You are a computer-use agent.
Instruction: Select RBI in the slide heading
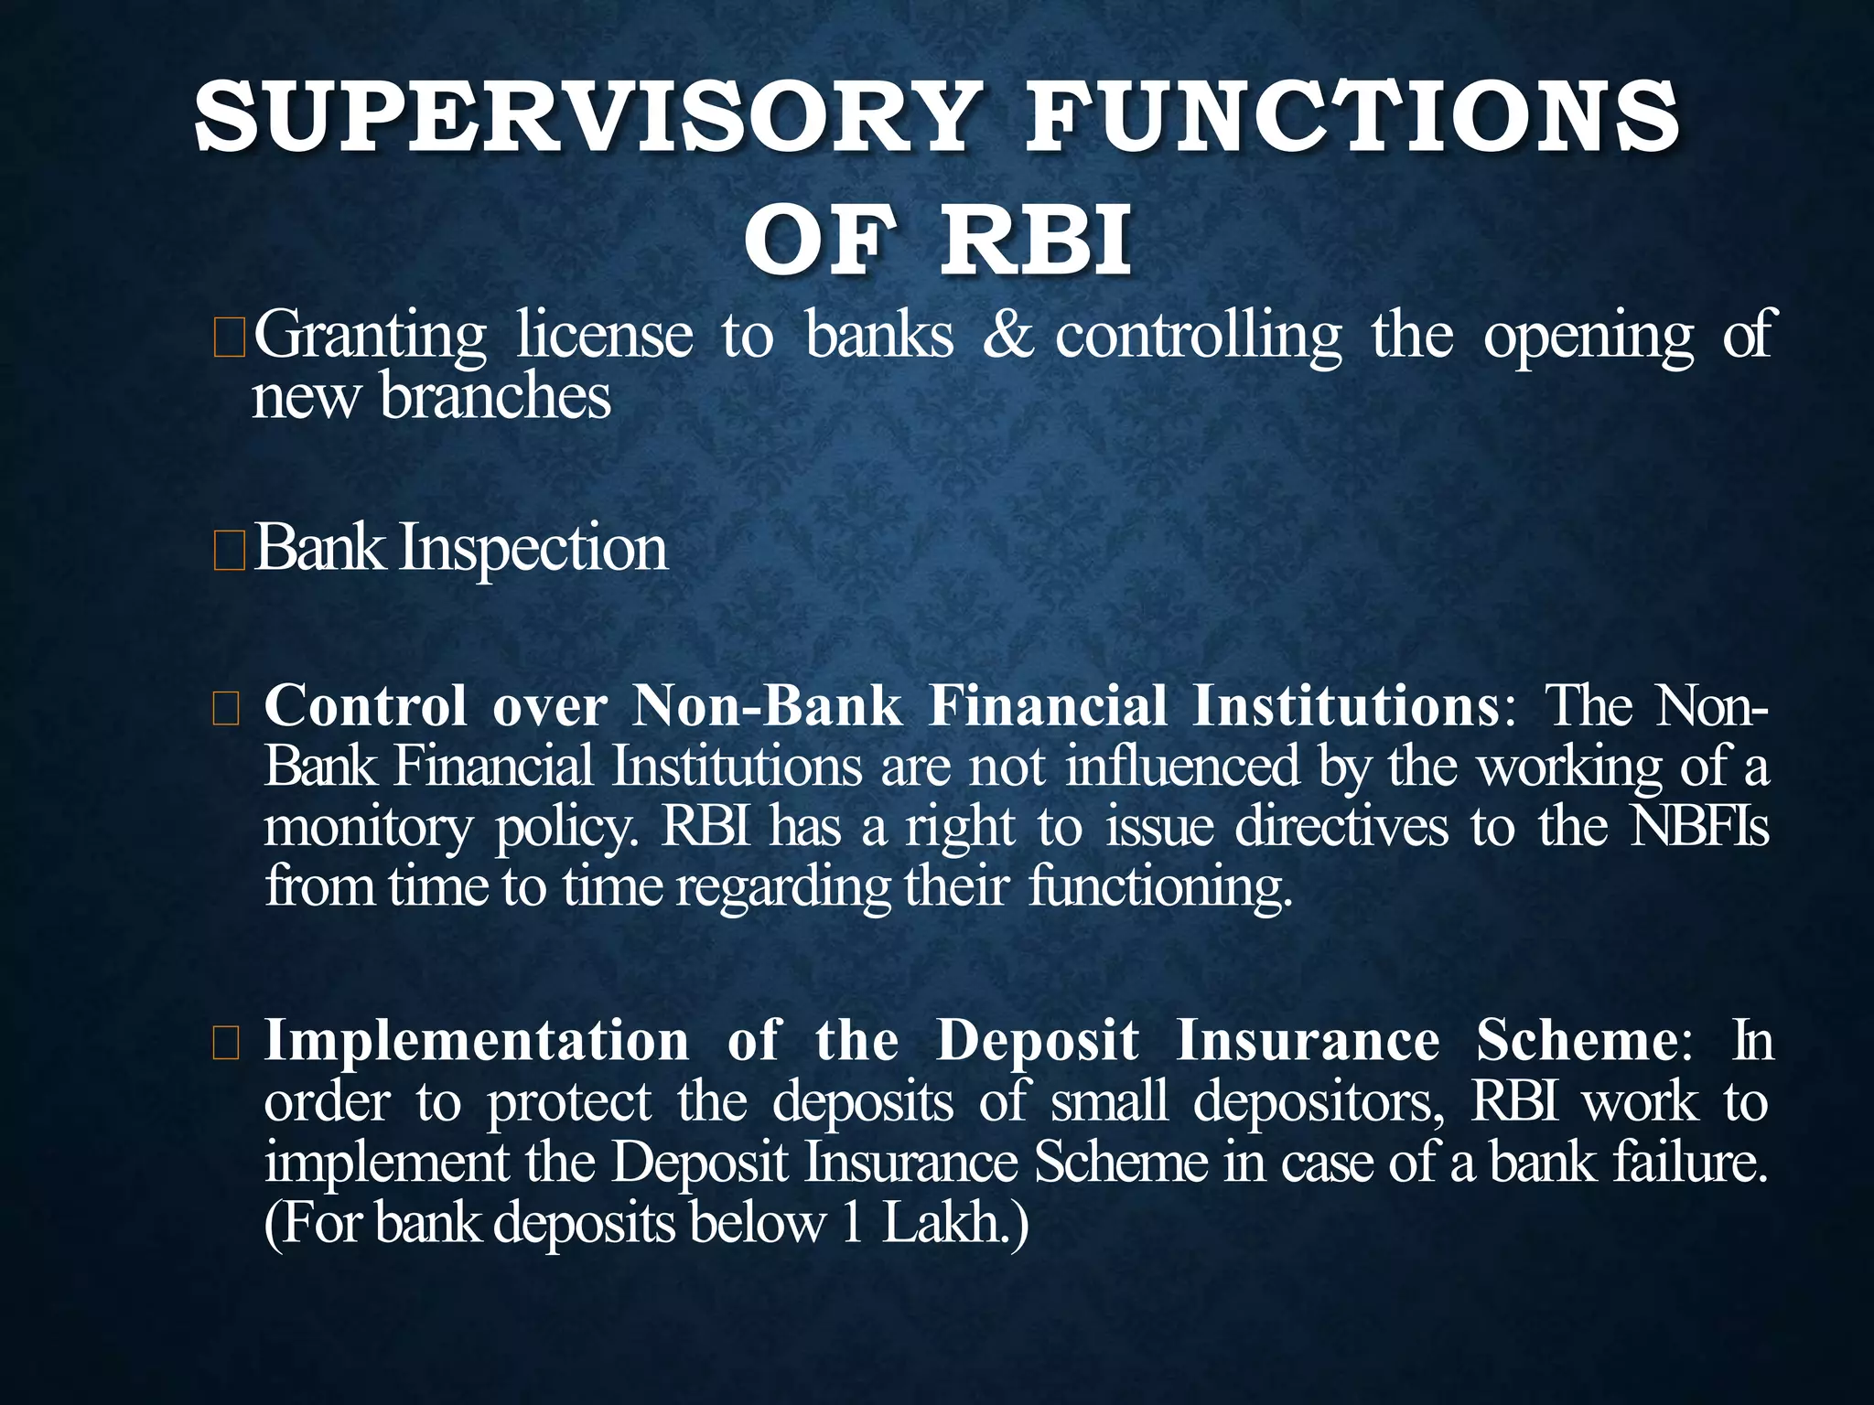click(x=1036, y=241)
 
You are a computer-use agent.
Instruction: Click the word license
click(x=605, y=336)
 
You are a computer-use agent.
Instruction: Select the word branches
click(x=495, y=398)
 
